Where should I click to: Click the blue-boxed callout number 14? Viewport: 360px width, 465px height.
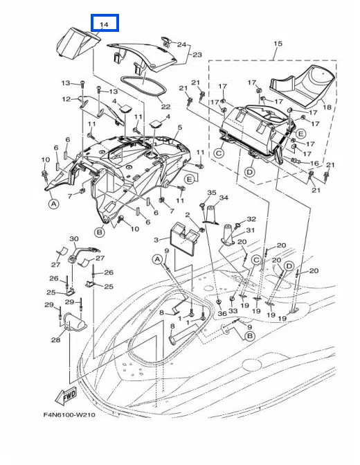tap(105, 24)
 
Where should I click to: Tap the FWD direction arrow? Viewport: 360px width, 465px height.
tap(66, 395)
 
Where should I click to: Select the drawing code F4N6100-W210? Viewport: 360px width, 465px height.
tap(70, 414)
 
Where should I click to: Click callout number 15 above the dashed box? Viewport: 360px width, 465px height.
tap(278, 43)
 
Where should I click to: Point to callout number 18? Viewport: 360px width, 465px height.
tap(327, 107)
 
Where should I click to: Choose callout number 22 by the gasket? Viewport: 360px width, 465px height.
tap(165, 107)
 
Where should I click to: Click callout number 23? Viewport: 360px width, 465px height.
tap(197, 55)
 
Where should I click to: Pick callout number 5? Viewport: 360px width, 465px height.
tap(179, 128)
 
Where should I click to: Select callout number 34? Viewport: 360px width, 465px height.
tap(224, 198)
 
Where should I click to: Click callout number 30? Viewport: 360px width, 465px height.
tap(74, 238)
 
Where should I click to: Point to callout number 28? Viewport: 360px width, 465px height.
tap(55, 340)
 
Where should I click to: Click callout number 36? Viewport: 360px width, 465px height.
tap(222, 313)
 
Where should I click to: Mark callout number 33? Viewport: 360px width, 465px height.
tap(233, 310)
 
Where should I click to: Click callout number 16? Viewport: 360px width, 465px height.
tap(314, 163)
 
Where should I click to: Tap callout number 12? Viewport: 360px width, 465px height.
tap(66, 99)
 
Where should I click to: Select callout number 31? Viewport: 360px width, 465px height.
tap(251, 230)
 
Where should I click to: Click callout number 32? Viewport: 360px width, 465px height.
tap(251, 219)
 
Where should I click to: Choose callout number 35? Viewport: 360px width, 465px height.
tap(212, 193)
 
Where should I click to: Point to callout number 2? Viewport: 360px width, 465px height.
tap(187, 215)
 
